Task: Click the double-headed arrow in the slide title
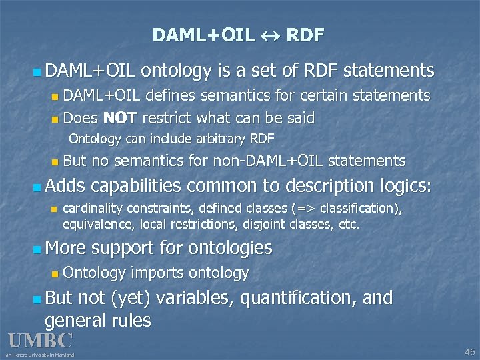tap(271, 35)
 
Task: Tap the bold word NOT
tap(120, 119)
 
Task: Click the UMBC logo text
tap(40, 341)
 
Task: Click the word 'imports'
tap(159, 273)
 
